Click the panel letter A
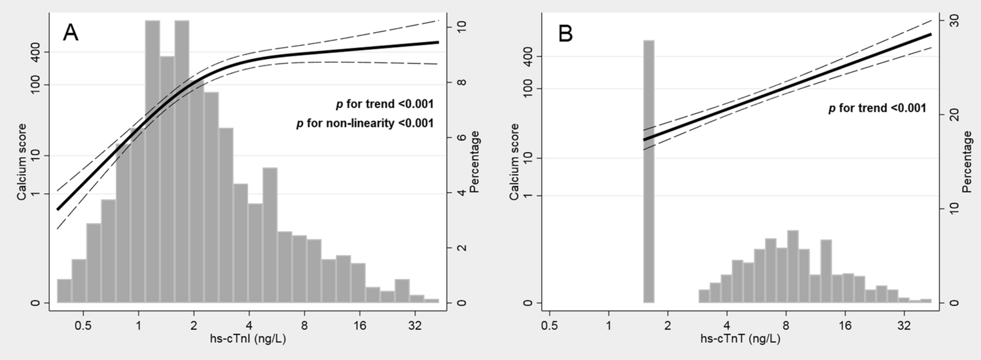[x=71, y=33]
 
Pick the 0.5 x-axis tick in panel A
[x=83, y=323]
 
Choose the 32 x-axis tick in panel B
[x=904, y=323]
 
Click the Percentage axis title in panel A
[x=475, y=162]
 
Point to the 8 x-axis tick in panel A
[x=304, y=323]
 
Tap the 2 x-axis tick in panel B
[x=668, y=323]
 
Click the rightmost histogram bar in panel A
[x=431, y=300]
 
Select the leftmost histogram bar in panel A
[x=64, y=291]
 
